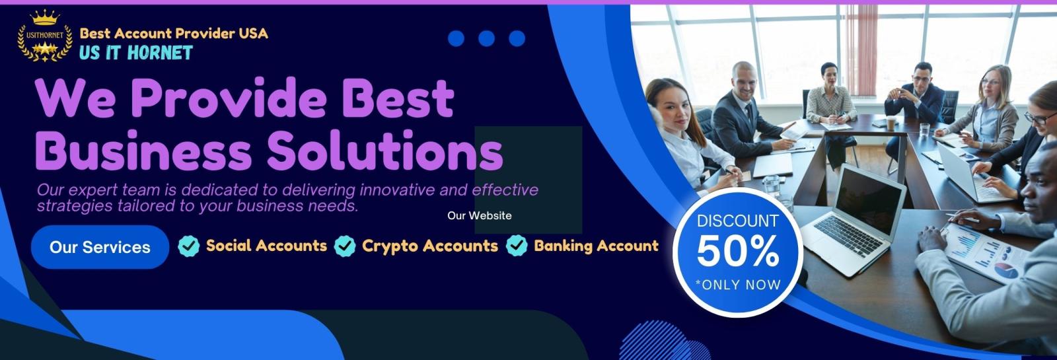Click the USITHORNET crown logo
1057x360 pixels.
(45, 36)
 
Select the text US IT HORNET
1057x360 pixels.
(136, 52)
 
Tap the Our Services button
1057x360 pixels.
(100, 247)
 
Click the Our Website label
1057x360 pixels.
(480, 215)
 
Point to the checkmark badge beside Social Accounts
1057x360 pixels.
(189, 246)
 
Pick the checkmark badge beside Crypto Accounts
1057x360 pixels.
(345, 246)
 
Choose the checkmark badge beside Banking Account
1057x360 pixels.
(517, 246)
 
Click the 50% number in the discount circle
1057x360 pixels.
(738, 251)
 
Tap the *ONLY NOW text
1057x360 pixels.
(738, 285)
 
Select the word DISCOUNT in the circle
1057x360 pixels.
(737, 221)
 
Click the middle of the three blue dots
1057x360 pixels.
(486, 38)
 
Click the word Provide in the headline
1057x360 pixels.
(229, 98)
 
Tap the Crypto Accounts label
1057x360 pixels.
(430, 246)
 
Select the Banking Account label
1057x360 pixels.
(596, 246)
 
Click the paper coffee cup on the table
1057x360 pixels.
(891, 123)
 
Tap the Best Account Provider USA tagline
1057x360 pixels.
(174, 33)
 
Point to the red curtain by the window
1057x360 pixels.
(861, 50)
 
